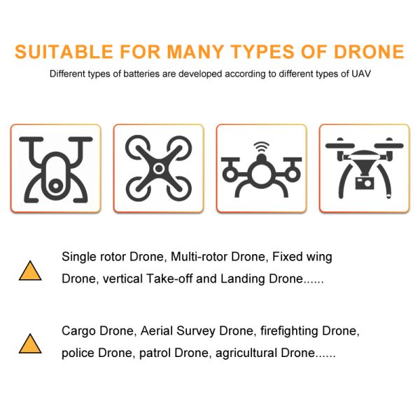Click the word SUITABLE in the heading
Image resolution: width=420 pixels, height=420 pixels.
click(64, 51)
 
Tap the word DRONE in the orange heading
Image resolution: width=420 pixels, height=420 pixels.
click(369, 51)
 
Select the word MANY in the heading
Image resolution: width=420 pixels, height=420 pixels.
click(195, 51)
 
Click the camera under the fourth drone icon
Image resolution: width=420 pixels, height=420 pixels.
click(364, 183)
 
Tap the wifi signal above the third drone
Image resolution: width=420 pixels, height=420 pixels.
click(261, 146)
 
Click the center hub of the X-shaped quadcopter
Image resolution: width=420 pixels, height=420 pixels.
click(159, 169)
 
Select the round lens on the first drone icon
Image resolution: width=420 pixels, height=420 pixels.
click(56, 185)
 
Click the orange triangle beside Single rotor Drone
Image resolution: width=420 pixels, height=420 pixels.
click(30, 270)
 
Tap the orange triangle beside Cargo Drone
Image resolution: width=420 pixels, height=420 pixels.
click(30, 344)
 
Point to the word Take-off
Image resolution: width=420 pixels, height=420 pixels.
click(169, 279)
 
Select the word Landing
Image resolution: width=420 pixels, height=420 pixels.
click(243, 279)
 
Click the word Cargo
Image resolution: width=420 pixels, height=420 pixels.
click(78, 331)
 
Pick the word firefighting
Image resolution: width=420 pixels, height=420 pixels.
click(289, 331)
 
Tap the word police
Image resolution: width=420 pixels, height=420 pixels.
click(78, 353)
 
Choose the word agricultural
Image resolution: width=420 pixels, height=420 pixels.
click(246, 353)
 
